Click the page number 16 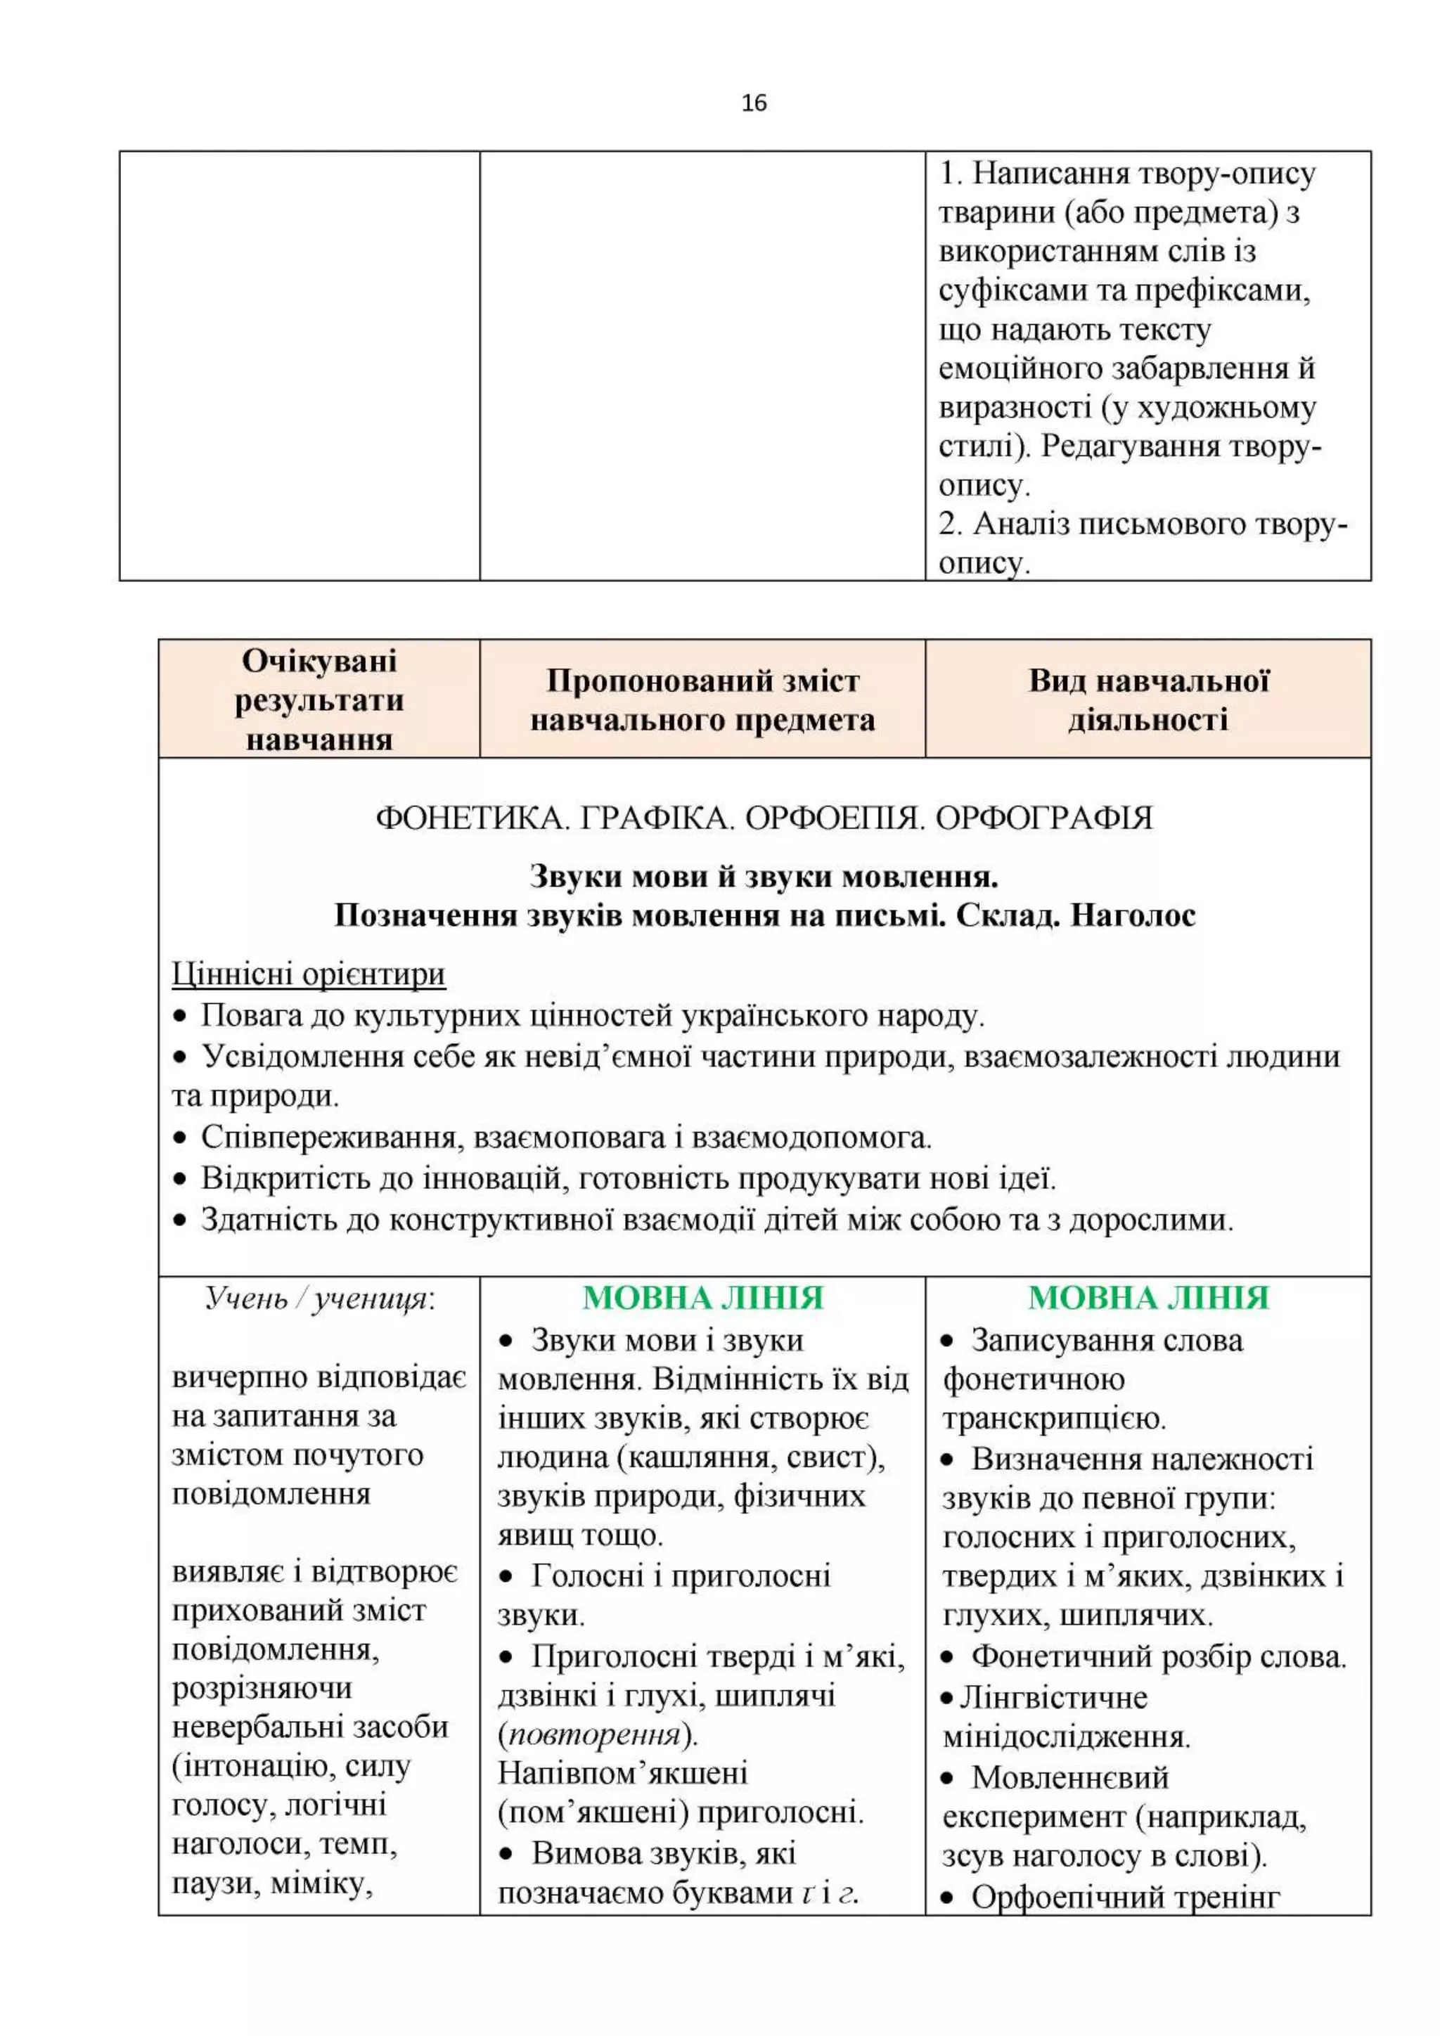[753, 104]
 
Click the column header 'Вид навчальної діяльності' [1147, 700]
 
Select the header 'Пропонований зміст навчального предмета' [702, 700]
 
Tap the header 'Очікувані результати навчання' [319, 700]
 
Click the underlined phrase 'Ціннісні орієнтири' [309, 974]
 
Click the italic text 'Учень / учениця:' [320, 1299]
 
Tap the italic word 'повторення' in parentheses [594, 1734]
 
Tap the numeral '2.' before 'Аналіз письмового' [951, 524]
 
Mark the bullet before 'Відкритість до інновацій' [180, 1180]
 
